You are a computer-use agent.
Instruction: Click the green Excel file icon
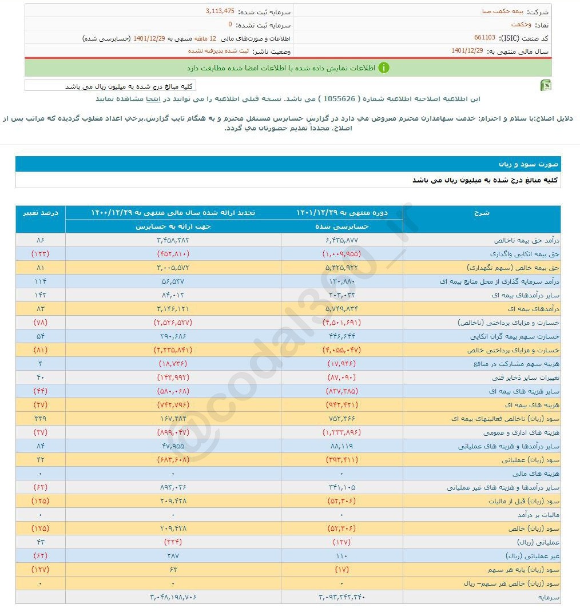pos(545,86)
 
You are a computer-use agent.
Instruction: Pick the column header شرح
pos(482,213)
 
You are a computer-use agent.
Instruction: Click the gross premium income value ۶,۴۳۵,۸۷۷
pos(342,240)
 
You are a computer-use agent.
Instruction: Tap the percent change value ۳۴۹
pos(40,419)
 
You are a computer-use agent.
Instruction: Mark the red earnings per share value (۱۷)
pos(342,570)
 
